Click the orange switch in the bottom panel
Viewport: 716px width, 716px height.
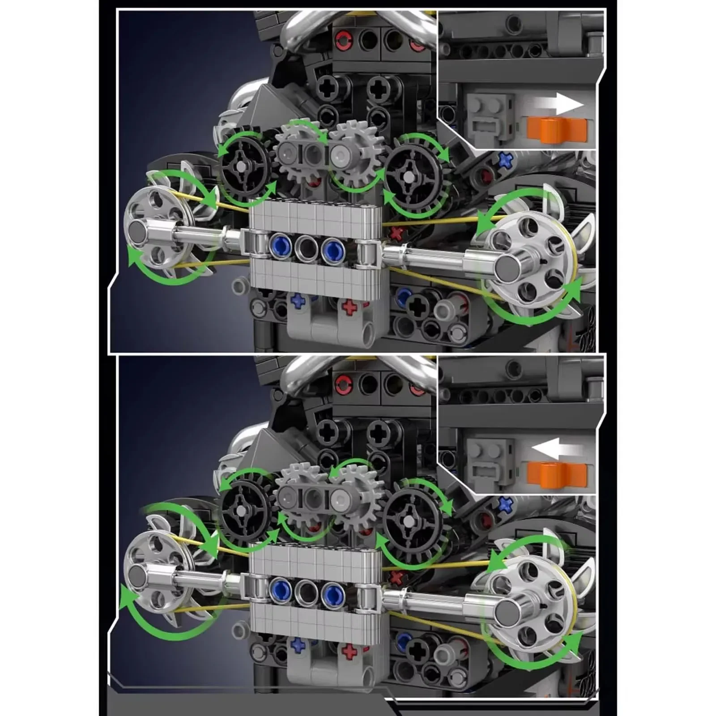click(x=556, y=474)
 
